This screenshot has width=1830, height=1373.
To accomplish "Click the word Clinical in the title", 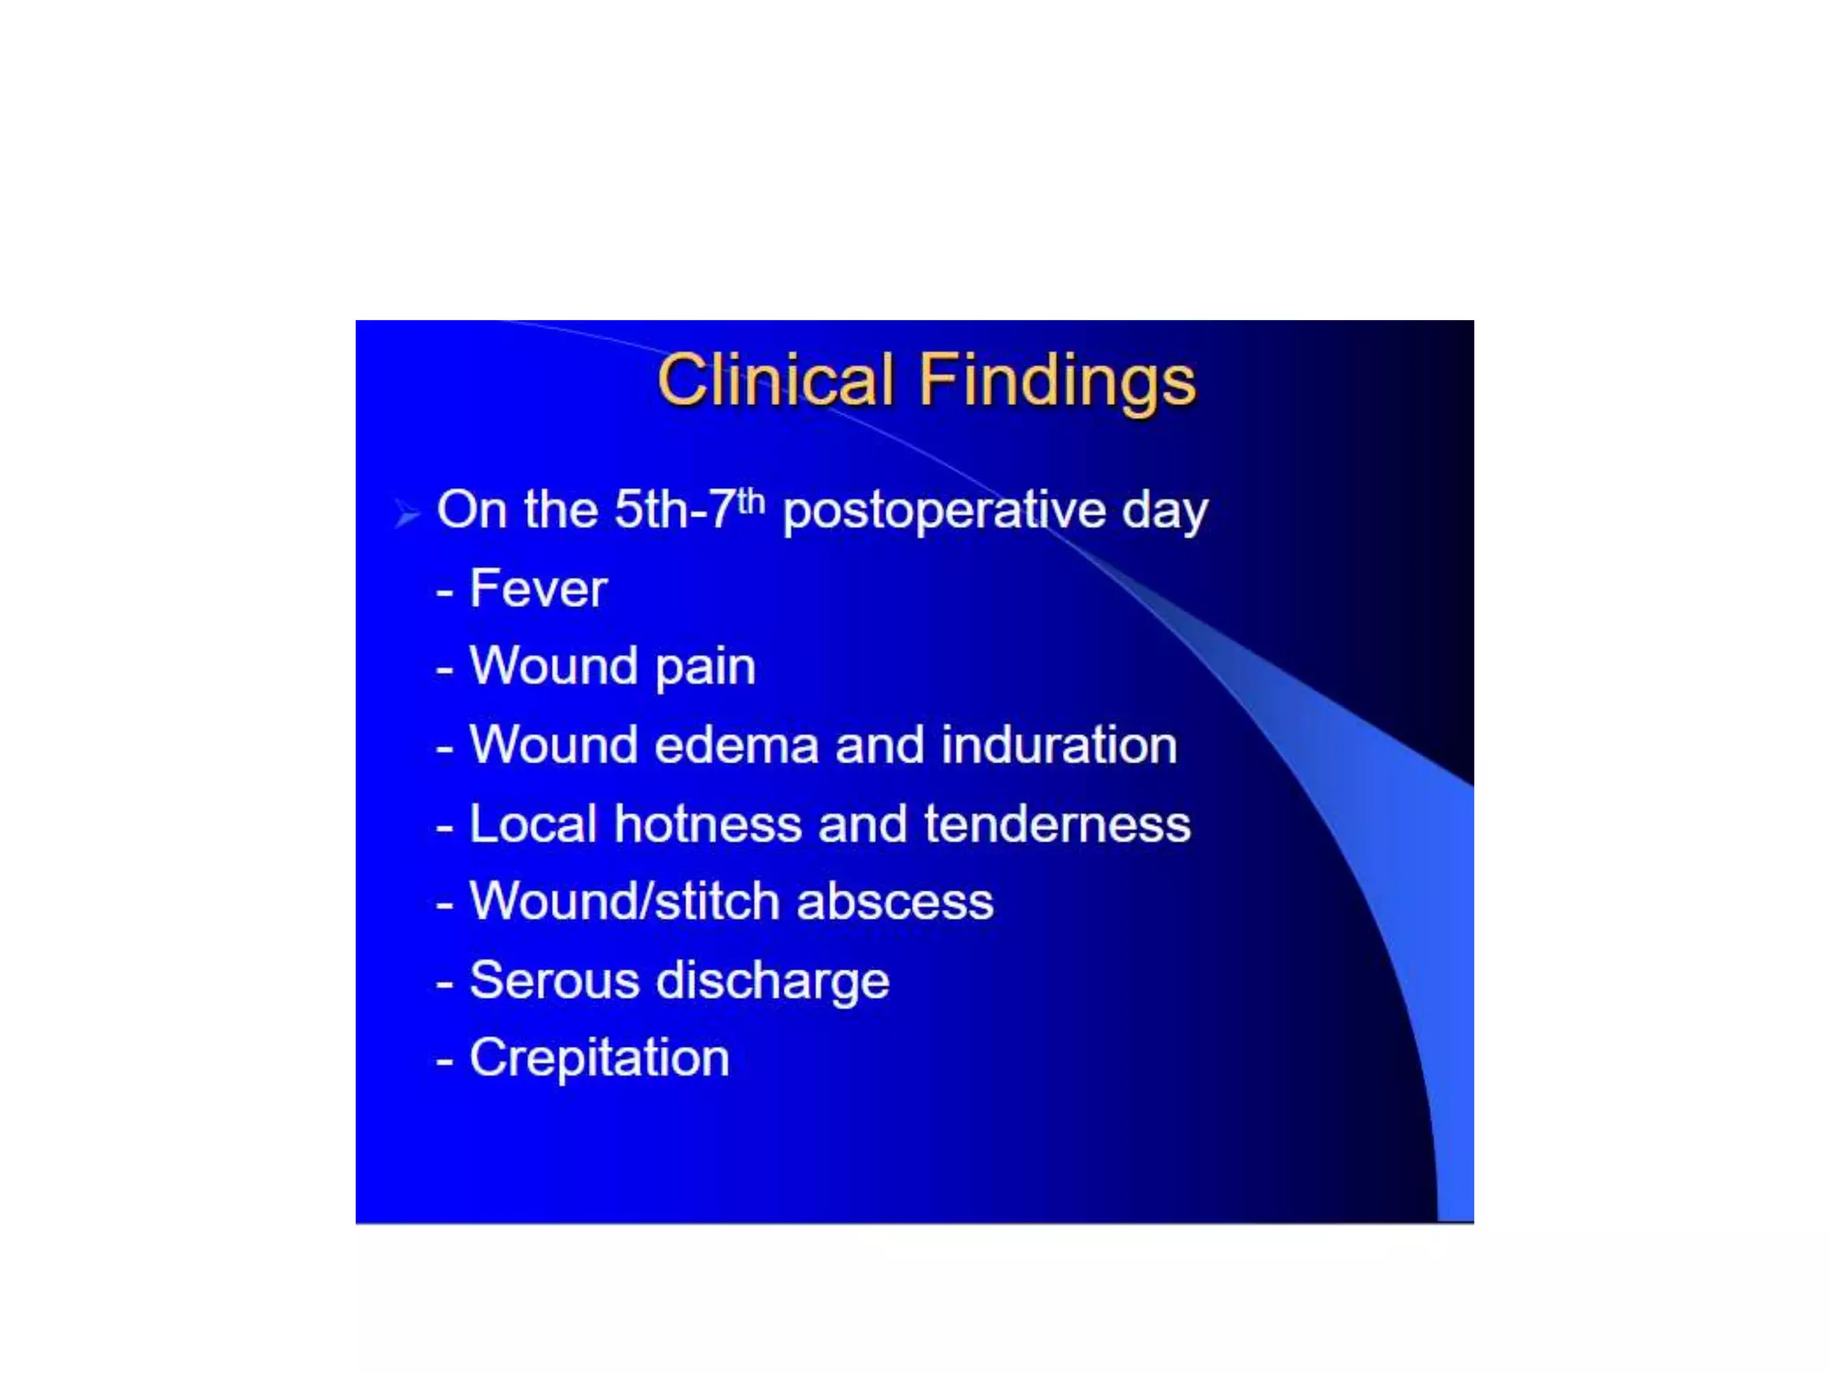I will click(x=776, y=380).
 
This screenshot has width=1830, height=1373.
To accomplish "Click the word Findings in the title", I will click(x=1057, y=380).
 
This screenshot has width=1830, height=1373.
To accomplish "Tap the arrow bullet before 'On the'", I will click(x=407, y=514).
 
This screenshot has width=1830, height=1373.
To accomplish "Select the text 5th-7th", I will click(x=689, y=510).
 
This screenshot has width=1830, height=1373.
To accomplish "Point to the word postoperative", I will click(x=944, y=511).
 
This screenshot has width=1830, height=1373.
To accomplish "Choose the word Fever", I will click(x=538, y=588).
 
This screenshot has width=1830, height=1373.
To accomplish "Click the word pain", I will click(x=705, y=667).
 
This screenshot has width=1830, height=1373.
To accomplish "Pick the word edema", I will click(x=736, y=745).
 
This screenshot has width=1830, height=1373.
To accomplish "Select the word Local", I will click(x=533, y=823).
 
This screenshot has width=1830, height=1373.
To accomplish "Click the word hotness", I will click(x=708, y=823).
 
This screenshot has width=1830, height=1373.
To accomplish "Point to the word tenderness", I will click(x=1057, y=823).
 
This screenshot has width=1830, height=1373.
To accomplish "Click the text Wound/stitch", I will click(x=624, y=901).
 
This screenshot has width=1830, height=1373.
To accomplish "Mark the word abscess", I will click(x=894, y=901).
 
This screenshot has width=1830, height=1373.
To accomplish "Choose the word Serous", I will click(x=554, y=980).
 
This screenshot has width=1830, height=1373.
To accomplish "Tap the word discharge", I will click(x=773, y=981).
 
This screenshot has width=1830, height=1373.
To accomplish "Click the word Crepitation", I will click(x=599, y=1058).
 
